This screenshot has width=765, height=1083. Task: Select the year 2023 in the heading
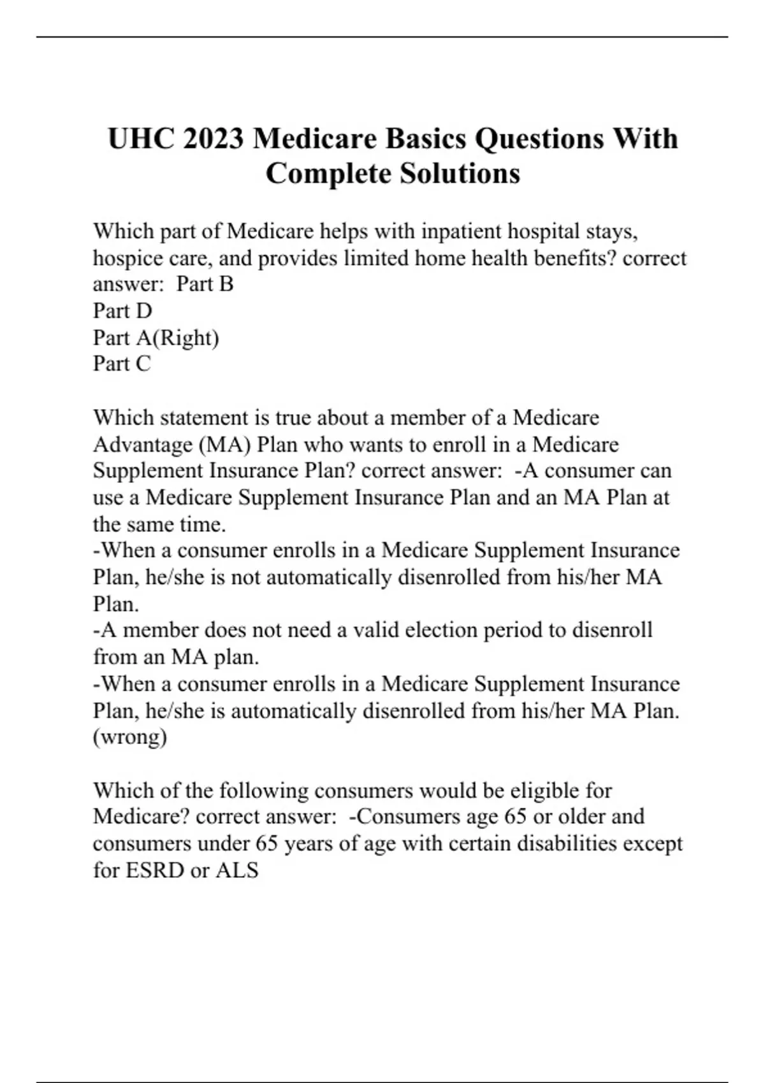[213, 139]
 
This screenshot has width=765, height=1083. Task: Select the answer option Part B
[205, 284]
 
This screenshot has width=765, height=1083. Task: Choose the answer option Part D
[122, 311]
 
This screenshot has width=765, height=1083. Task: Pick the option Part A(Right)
[156, 338]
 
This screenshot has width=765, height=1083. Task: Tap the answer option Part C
[122, 364]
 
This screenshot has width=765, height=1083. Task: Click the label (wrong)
[130, 737]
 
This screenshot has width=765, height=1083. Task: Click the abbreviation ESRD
[155, 870]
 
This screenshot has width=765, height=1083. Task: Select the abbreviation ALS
[237, 870]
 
